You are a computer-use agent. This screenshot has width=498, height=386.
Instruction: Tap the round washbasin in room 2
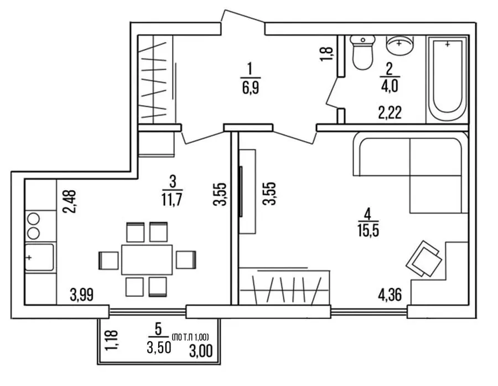point(400,45)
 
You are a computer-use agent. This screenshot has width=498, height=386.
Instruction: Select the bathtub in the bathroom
point(447,80)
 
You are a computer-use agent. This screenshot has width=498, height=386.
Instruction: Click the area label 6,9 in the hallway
point(251,87)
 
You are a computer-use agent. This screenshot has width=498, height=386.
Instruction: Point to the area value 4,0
point(390,86)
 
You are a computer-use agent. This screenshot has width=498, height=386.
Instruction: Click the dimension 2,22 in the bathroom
point(390,112)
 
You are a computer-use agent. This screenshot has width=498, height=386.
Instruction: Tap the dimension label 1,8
point(327,54)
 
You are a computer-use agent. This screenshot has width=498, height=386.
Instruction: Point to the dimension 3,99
point(82,295)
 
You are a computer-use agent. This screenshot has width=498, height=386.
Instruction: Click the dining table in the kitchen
point(147,259)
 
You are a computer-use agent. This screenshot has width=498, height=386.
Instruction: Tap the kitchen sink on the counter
point(39,257)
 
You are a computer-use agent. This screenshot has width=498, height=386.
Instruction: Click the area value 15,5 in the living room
point(368,231)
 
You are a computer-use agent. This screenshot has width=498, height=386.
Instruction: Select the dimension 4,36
point(390,295)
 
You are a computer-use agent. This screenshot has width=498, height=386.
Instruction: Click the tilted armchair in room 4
point(424,258)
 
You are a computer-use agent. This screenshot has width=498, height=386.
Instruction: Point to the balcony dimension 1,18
point(111,341)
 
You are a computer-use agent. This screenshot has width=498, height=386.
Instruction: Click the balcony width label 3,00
point(201,351)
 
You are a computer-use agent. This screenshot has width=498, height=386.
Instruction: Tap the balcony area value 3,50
point(159,348)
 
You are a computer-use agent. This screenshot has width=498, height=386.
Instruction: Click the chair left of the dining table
point(108,260)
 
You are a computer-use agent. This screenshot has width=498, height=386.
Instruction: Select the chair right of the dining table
point(186,260)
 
